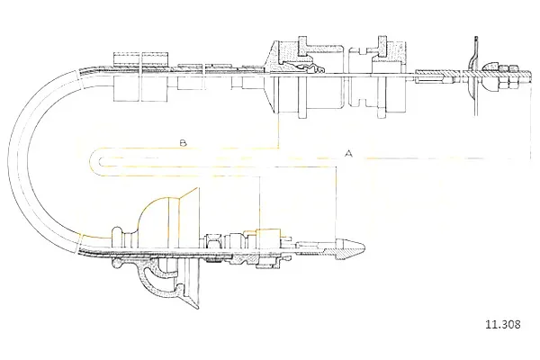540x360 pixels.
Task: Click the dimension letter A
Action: click(x=349, y=153)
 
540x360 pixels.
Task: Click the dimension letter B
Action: click(x=183, y=142)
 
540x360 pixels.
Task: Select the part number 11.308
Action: click(x=503, y=324)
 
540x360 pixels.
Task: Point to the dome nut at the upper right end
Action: click(x=489, y=76)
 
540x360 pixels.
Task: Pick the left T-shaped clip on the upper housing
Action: click(x=304, y=47)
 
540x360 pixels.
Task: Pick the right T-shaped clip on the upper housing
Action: click(x=382, y=45)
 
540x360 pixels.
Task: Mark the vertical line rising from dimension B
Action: click(x=278, y=130)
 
